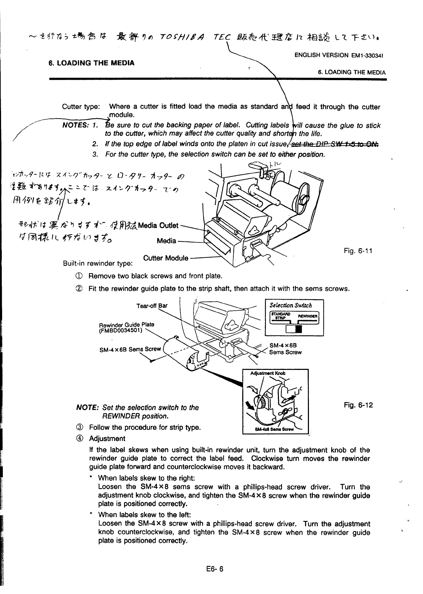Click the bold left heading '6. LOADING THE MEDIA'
[91, 63]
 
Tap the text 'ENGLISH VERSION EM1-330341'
[339, 55]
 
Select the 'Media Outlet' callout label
[159, 226]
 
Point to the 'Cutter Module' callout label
[166, 258]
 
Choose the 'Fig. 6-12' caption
[358, 405]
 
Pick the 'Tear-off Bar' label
[152, 306]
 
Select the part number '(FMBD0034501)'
[120, 330]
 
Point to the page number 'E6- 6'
[211, 569]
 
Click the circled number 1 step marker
[74, 276]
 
